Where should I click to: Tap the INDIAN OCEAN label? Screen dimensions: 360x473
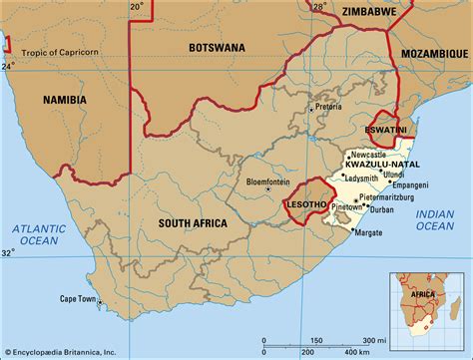pos(434,217)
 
